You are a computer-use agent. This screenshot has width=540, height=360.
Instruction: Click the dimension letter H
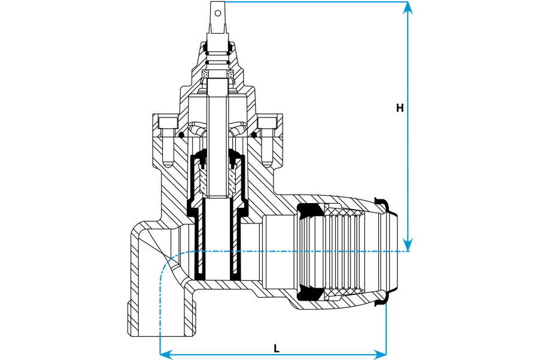click(400, 108)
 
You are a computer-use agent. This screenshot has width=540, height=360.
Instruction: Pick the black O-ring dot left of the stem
click(181, 135)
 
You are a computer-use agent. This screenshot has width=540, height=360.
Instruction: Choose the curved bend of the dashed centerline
click(168, 264)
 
